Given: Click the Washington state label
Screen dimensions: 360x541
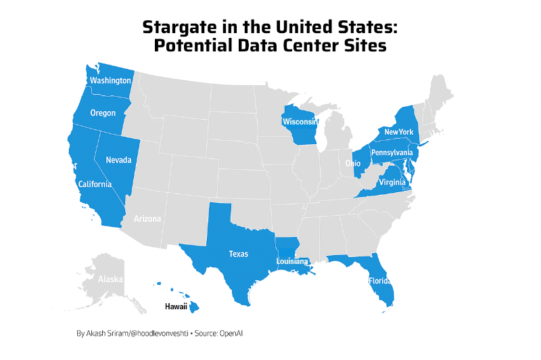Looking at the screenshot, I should click(110, 81).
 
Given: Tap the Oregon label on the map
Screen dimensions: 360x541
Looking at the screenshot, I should click(103, 113).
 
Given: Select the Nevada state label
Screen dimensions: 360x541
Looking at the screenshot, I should click(118, 160).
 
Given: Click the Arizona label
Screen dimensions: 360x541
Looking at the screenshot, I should click(147, 219).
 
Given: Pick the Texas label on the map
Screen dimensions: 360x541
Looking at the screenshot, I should click(238, 254).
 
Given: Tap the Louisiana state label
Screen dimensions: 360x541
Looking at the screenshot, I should click(292, 261).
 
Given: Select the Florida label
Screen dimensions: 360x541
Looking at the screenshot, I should click(379, 280).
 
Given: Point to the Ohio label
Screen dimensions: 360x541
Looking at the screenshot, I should click(353, 163).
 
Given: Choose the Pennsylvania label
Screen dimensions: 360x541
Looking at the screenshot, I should click(391, 153).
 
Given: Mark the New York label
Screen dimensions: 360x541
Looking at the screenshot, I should click(398, 131).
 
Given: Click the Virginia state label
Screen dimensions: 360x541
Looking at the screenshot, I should click(392, 182).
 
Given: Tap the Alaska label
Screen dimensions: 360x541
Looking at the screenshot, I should click(110, 279).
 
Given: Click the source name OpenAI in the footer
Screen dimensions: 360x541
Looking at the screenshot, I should click(231, 334).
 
